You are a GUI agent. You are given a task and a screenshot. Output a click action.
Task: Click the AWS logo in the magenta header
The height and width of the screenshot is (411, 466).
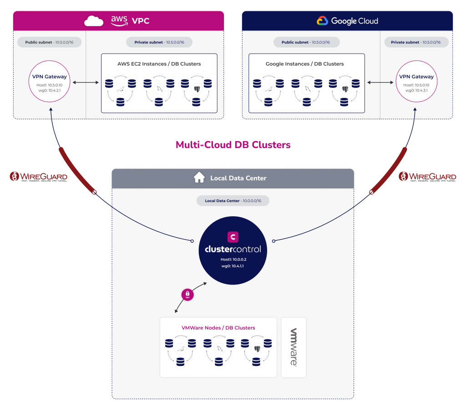tap(120, 21)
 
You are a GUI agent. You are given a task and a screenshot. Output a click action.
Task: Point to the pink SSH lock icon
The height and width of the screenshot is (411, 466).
tap(188, 295)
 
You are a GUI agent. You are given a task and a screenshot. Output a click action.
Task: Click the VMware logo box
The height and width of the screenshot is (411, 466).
tap(294, 347)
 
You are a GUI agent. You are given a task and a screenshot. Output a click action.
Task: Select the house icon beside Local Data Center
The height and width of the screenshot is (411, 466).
tap(199, 178)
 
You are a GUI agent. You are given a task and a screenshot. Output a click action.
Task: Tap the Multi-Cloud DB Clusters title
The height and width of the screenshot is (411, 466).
tap(233, 145)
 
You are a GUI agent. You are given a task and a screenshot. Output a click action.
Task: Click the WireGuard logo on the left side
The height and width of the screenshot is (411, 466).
tap(39, 177)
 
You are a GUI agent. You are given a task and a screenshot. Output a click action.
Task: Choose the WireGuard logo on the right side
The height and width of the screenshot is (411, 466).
tap(427, 177)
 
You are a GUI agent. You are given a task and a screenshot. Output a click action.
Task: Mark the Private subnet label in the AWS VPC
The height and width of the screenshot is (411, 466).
tap(159, 42)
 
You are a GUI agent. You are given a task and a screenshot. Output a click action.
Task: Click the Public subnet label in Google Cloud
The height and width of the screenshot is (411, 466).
tap(306, 42)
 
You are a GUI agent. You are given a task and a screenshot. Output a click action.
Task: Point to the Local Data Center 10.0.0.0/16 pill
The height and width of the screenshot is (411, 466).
tap(233, 201)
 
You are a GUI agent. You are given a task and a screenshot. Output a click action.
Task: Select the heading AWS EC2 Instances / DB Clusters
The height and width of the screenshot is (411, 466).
tap(159, 64)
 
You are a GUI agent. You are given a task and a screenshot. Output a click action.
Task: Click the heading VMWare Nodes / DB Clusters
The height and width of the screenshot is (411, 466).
tap(218, 328)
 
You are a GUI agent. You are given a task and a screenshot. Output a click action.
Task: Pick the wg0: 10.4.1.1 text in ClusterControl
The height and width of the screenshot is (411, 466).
tap(233, 266)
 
